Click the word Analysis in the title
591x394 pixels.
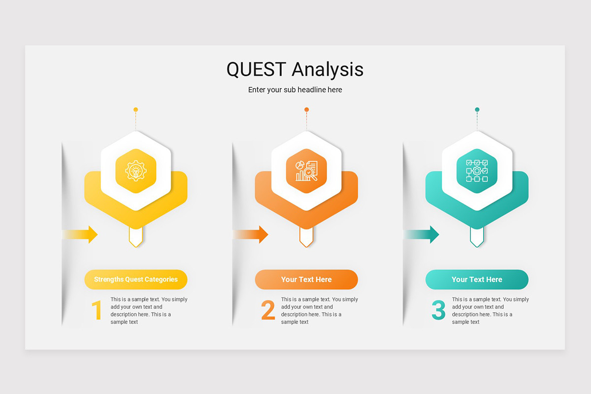pos(328,69)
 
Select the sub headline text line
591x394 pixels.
pos(295,90)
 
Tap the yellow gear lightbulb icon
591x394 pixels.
pos(136,170)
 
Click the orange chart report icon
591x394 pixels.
pos(306,170)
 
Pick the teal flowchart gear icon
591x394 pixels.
pos(477,170)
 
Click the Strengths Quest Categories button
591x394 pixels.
pos(136,279)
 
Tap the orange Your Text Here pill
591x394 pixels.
pos(306,279)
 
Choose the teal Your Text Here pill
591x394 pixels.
pos(477,279)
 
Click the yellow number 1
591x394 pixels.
pos(97,311)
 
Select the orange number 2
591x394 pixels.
pos(268,311)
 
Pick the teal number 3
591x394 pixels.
pos(438,311)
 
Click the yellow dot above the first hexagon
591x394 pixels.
pos(136,109)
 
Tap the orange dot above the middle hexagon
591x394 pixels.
pos(306,109)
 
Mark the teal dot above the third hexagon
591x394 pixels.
pos(477,109)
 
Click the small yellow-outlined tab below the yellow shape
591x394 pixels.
pos(136,237)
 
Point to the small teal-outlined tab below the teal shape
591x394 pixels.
pos(477,237)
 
